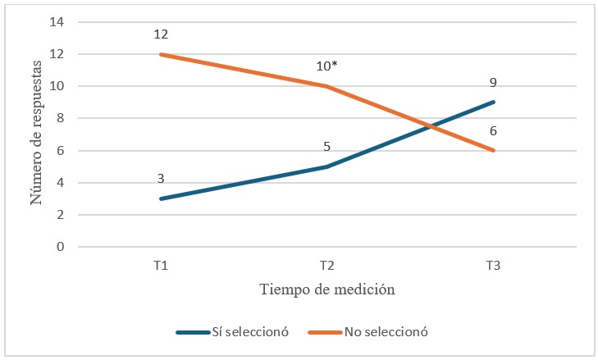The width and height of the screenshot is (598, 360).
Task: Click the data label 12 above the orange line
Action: tap(161, 35)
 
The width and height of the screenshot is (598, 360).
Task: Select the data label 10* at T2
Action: tap(327, 66)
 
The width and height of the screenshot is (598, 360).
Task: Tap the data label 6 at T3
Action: tap(494, 131)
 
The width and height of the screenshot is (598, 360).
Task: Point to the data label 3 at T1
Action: tap(161, 179)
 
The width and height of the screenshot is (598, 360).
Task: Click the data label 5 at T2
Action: tap(326, 148)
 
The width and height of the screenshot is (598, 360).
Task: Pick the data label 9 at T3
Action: tap(494, 83)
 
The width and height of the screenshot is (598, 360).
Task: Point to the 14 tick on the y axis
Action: tap(57, 22)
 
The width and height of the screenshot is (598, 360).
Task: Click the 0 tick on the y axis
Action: tap(60, 247)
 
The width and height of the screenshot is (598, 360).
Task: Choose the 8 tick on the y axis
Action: tap(60, 118)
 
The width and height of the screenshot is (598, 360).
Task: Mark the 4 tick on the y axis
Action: tap(60, 183)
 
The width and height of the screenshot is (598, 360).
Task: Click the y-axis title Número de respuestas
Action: tap(36, 134)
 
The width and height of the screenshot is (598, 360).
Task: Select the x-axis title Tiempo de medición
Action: tap(327, 289)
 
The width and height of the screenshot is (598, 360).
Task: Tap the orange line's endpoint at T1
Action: tap(161, 54)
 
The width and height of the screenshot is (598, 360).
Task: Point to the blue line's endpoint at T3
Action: tap(494, 103)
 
